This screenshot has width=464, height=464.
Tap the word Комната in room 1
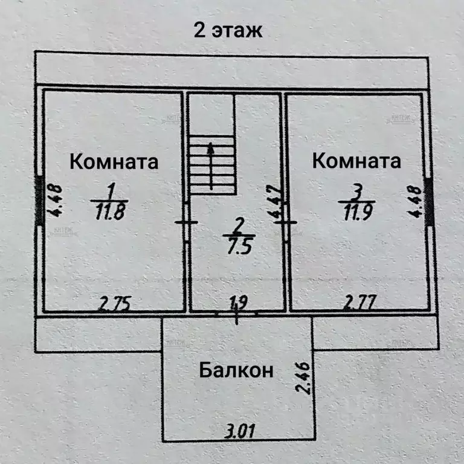click(x=114, y=162)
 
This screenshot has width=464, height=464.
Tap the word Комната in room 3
click(x=356, y=161)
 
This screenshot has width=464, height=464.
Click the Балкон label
click(x=237, y=370)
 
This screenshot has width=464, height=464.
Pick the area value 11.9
click(x=356, y=213)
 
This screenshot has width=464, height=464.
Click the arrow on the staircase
click(x=210, y=166)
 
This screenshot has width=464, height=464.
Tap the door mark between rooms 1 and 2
click(x=186, y=222)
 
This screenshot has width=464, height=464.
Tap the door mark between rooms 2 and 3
click(x=285, y=222)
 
